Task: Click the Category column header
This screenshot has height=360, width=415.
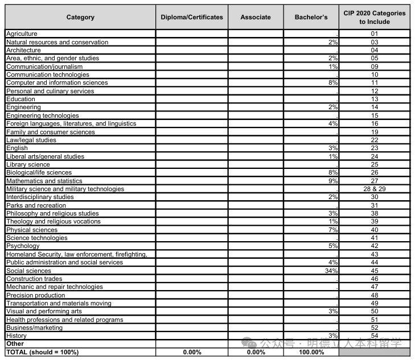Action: pos(80,17)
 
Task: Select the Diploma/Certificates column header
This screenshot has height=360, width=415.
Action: pos(192,17)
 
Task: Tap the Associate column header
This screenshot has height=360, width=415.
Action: pos(256,17)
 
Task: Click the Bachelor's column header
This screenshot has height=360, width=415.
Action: pos(311,17)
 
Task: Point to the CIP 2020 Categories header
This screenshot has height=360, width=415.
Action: pos(375,17)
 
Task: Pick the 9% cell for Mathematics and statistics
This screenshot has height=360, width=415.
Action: pos(334,181)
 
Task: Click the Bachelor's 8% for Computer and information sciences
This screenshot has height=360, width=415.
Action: pos(334,82)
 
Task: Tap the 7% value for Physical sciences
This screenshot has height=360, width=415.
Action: pos(334,230)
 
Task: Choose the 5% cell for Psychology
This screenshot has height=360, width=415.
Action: pos(334,246)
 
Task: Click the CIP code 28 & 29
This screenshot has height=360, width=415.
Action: pos(375,189)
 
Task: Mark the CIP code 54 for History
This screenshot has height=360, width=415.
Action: pos(375,336)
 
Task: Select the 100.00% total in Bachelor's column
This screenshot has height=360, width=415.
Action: pos(311,353)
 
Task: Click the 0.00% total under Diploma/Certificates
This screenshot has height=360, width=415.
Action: pos(192,353)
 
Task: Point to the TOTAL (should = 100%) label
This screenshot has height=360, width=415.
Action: pos(42,353)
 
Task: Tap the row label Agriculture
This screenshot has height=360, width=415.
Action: pos(22,34)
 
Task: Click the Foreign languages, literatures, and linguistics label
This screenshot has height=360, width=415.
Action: pos(71,123)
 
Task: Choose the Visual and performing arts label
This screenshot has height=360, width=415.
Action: pos(44,312)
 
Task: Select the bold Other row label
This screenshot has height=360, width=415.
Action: pos(15,344)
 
